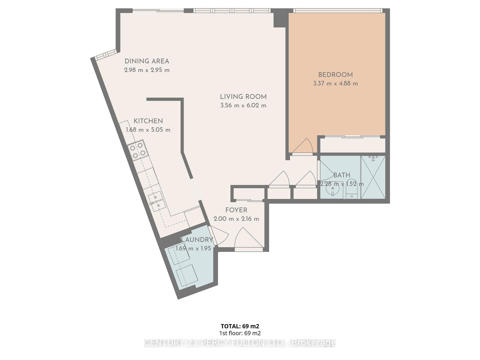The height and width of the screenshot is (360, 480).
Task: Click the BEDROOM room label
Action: coord(335,75)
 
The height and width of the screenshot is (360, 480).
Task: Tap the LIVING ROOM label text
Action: coord(243,97)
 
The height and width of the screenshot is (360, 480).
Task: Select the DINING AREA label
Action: coord(147,61)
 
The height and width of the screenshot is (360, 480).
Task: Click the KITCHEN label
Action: coord(148,121)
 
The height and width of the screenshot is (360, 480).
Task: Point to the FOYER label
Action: coord(236,210)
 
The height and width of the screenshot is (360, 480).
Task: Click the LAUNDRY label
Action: coord(197,240)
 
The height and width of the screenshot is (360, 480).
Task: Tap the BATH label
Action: coord(342,175)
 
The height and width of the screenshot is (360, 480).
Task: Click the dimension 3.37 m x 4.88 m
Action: coord(335,84)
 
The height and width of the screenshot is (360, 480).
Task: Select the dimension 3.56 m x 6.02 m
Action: coord(243,106)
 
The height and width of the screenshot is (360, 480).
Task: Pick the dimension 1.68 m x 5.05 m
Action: coord(148,130)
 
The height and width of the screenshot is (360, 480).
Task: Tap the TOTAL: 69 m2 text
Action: coord(240,326)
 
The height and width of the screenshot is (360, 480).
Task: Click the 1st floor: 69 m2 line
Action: coord(240,333)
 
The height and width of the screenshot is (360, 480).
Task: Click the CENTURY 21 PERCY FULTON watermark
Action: coord(240,343)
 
